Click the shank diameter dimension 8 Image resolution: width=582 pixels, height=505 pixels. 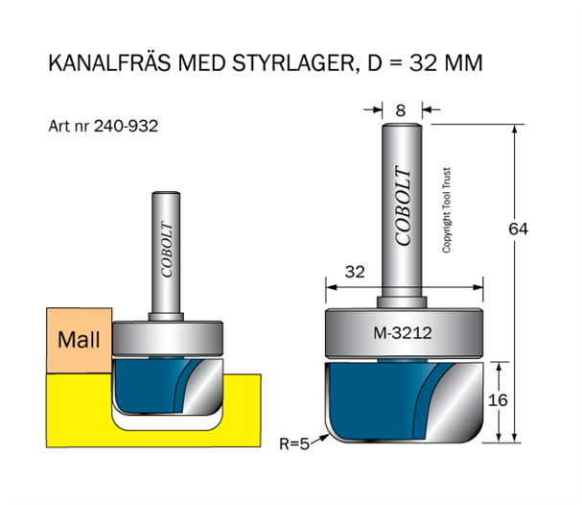click(x=400, y=108)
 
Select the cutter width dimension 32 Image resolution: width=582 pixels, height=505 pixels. click(x=355, y=272)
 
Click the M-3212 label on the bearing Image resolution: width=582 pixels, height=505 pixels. click(x=401, y=334)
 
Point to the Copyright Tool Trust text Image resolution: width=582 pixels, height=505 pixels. click(x=447, y=210)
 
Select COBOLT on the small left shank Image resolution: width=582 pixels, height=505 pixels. click(x=167, y=253)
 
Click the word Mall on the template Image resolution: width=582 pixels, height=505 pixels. click(x=79, y=340)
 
